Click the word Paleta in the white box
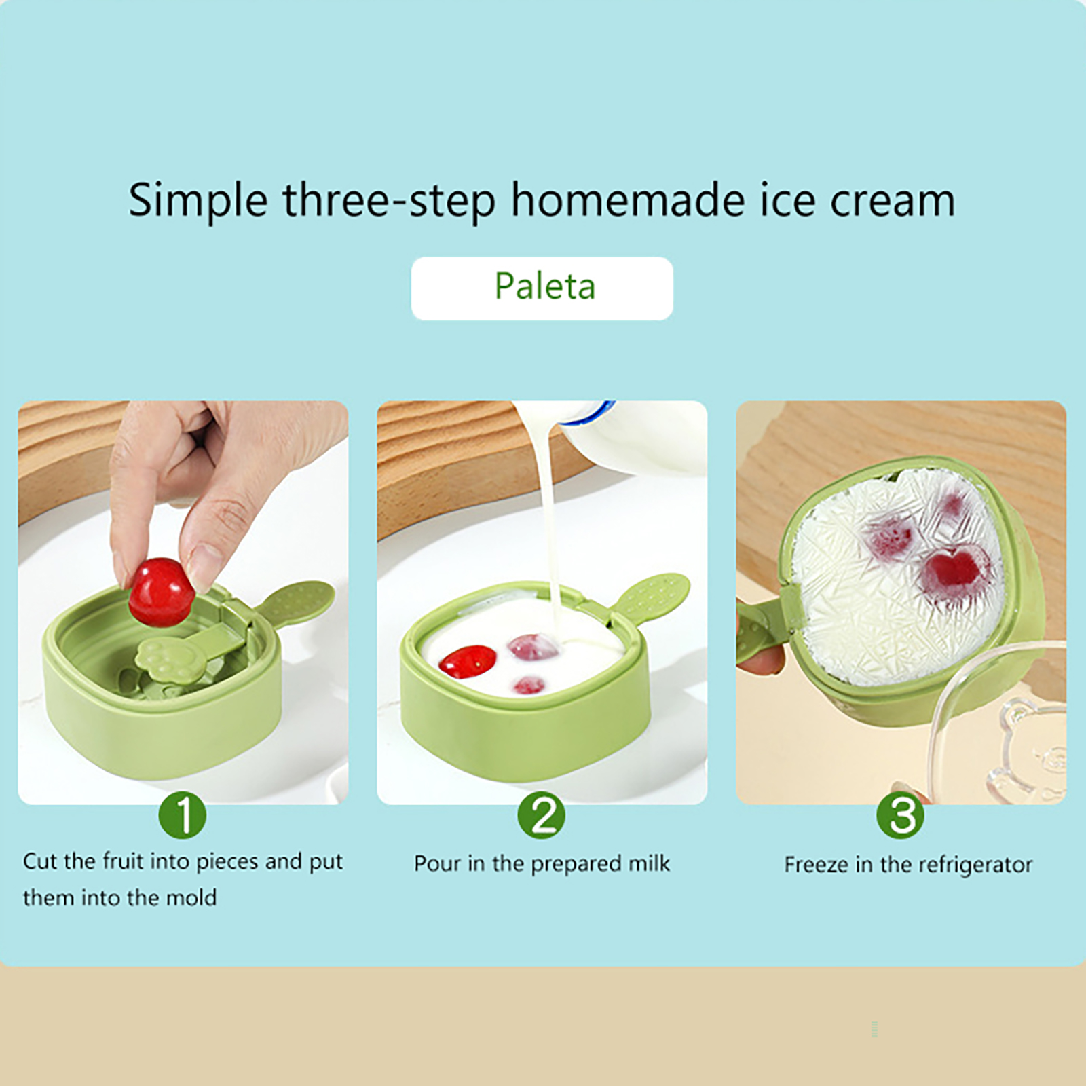(x=544, y=286)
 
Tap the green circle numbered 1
(x=183, y=814)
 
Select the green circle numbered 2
(x=542, y=814)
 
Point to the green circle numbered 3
(x=901, y=814)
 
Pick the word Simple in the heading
(x=198, y=201)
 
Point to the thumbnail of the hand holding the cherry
(x=183, y=603)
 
